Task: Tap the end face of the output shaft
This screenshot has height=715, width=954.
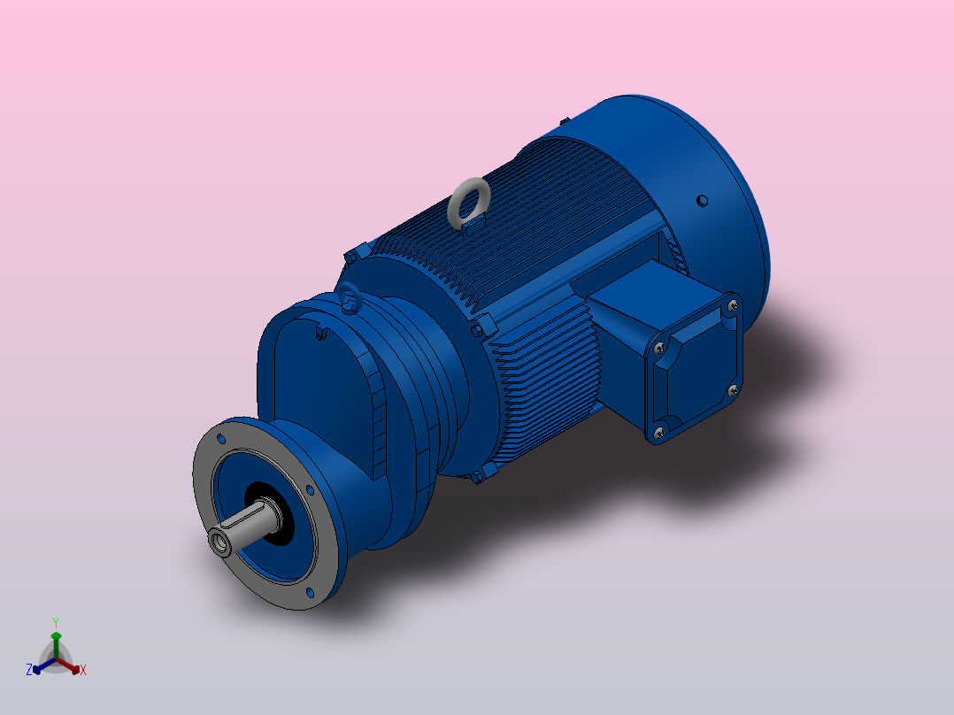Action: click(219, 541)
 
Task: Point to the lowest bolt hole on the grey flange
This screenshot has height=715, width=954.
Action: click(309, 592)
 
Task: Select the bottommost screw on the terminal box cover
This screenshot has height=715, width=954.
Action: click(658, 432)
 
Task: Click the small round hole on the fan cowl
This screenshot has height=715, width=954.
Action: click(702, 201)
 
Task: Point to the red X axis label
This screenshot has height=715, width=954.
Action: click(83, 671)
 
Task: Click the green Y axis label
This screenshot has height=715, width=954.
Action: click(55, 622)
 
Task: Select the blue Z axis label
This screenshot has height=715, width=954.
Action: click(29, 671)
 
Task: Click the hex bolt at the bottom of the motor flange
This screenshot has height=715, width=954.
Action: click(480, 477)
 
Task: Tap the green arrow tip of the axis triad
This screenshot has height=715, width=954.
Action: click(55, 635)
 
